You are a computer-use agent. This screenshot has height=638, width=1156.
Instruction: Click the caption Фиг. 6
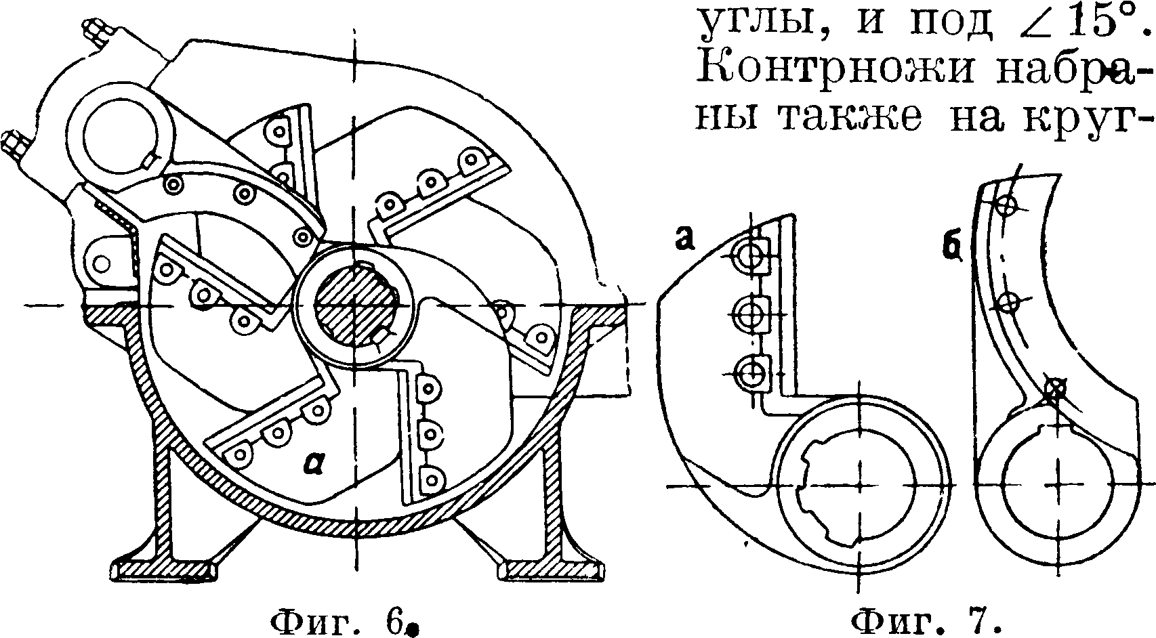344,620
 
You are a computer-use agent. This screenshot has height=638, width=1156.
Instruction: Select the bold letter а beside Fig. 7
683,241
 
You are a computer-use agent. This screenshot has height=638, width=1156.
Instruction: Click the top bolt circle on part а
751,255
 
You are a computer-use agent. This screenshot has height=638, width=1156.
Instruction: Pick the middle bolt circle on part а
751,314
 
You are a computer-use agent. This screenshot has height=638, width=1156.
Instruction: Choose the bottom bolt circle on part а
751,371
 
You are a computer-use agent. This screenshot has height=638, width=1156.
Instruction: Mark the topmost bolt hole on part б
1008,204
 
